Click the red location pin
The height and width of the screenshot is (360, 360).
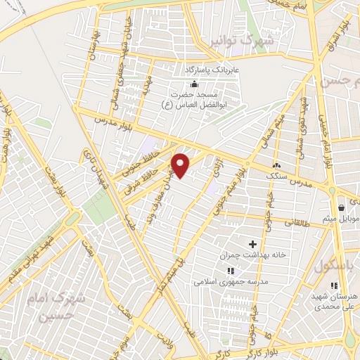[181, 165]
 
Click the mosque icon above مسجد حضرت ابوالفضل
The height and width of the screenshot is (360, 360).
[184, 84]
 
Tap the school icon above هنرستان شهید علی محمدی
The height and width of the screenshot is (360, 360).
[334, 286]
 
